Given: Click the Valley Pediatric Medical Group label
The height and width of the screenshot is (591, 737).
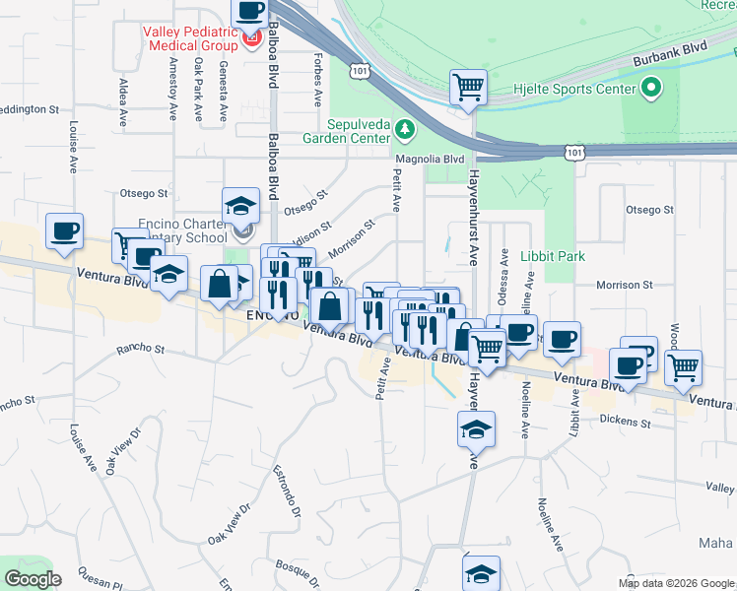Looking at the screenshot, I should (x=190, y=37).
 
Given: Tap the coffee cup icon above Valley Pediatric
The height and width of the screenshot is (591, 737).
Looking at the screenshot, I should (x=249, y=12).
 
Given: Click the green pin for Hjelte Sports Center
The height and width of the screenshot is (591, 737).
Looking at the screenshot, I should (x=649, y=90).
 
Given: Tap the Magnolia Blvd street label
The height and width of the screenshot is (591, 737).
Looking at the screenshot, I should (x=430, y=158).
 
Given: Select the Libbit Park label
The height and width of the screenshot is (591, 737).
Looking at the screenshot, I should (x=553, y=256).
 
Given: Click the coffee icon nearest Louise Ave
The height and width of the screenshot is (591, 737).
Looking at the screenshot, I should (x=65, y=230).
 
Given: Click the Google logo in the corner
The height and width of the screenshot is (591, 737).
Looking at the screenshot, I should (x=32, y=579).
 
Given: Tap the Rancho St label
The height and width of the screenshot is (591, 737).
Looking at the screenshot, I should (x=140, y=348).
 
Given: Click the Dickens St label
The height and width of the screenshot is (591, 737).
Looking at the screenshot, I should (x=628, y=422).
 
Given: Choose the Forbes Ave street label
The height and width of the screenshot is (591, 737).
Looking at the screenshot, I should (x=318, y=80).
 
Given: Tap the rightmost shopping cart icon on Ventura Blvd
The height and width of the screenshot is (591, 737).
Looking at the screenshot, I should (x=683, y=366).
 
